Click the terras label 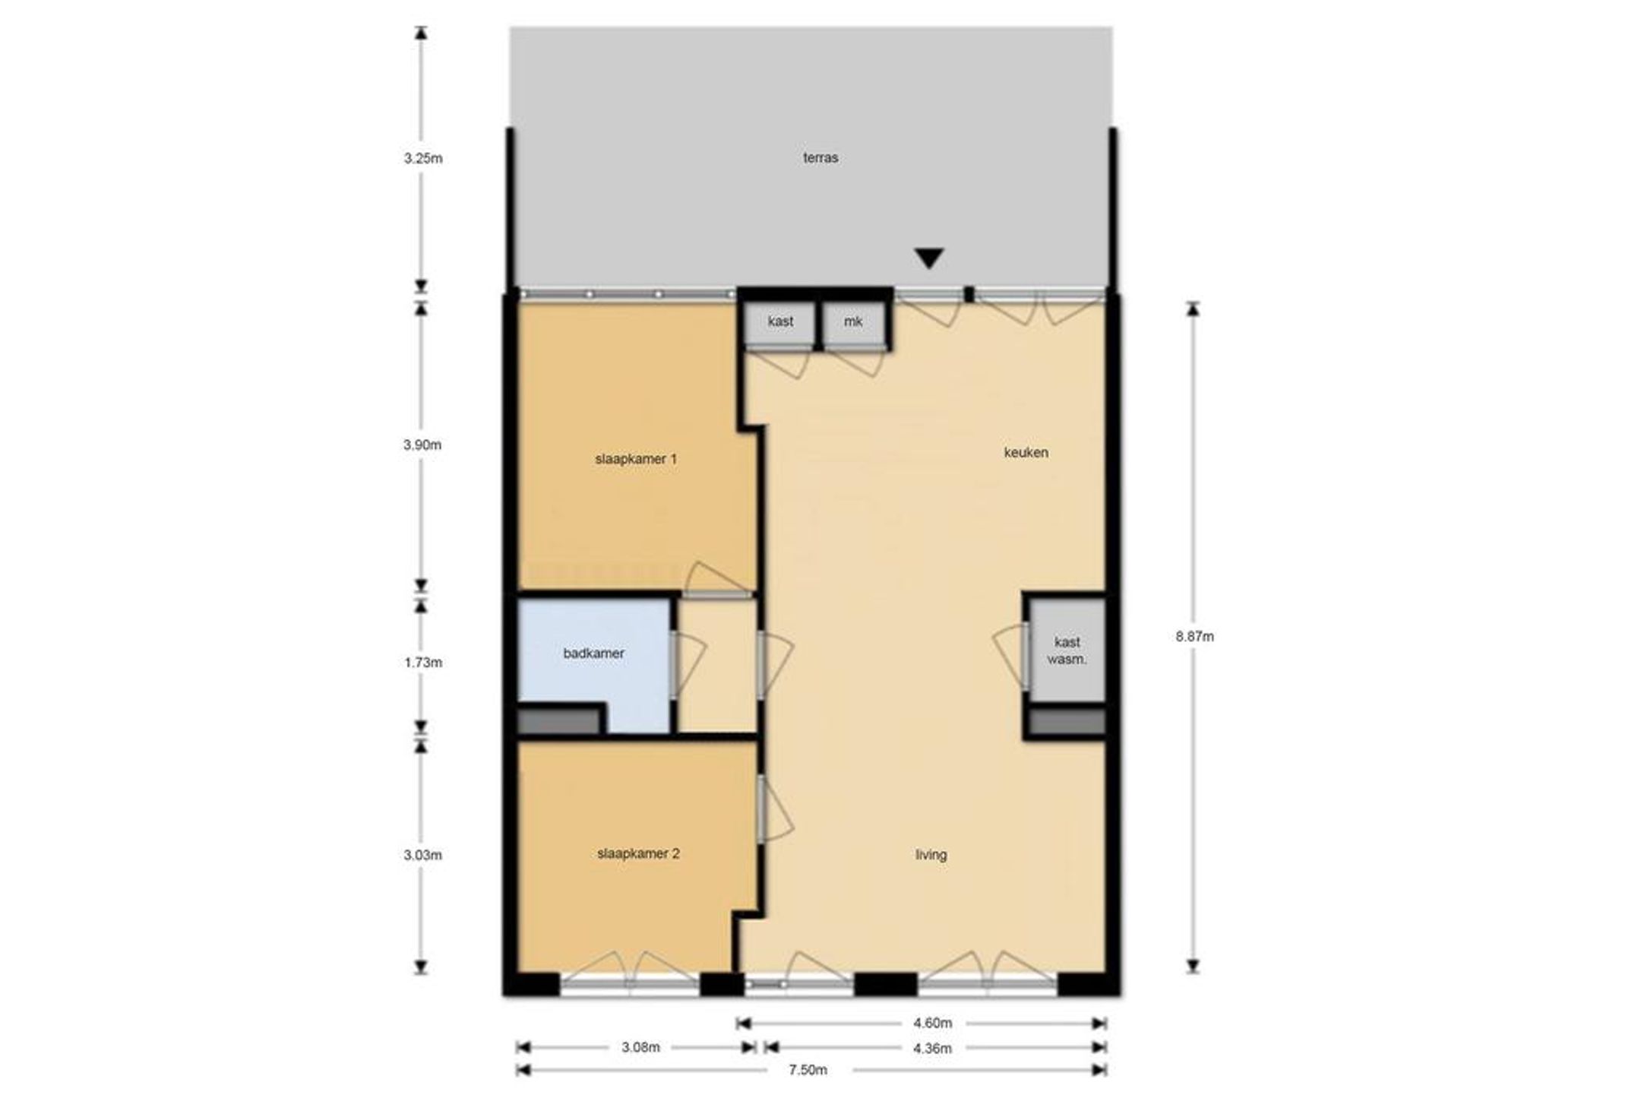(x=820, y=158)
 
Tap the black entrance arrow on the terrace (x=928, y=258)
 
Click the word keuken (x=1026, y=452)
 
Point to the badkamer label (x=594, y=653)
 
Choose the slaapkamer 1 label (x=636, y=459)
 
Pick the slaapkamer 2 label (x=638, y=853)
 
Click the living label (x=931, y=855)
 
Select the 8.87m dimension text (x=1195, y=637)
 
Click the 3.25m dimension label (x=423, y=159)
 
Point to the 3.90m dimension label (x=422, y=445)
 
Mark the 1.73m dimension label (x=423, y=663)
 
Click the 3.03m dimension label (x=423, y=855)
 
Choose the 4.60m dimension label (x=932, y=1024)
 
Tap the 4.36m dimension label (x=932, y=1049)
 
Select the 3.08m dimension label (x=640, y=1047)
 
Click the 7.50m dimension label (x=808, y=1071)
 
